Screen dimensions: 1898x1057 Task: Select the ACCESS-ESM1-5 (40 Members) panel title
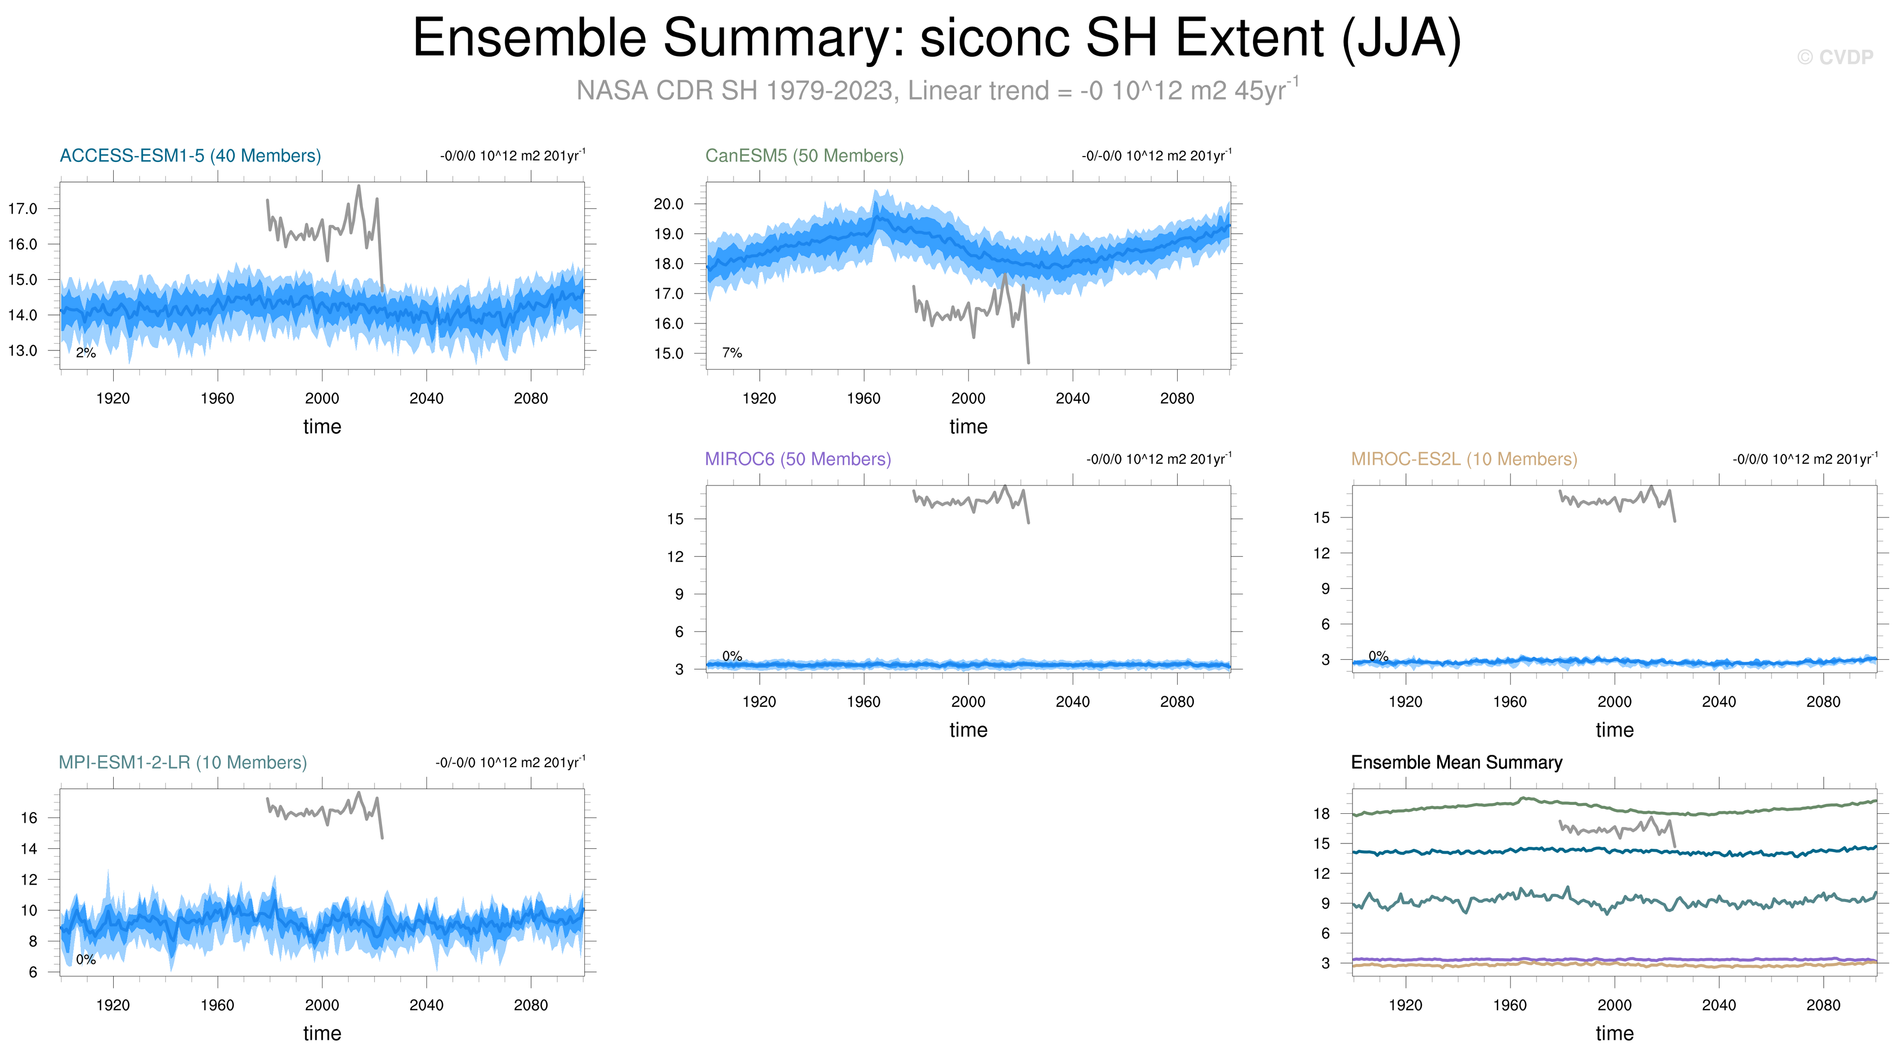(190, 156)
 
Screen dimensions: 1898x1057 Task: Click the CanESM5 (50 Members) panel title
(804, 156)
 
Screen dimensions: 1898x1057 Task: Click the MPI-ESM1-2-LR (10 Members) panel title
(183, 763)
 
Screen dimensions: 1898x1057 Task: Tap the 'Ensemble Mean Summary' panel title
(1457, 763)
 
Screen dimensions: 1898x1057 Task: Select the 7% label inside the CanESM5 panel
(732, 353)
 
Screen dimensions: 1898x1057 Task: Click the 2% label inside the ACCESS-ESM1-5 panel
(86, 353)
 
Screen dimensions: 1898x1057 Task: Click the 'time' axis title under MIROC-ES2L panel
(1614, 730)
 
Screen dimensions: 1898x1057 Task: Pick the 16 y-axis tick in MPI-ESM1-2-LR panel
(29, 818)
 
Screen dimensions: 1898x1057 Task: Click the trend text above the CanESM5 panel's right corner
(1156, 156)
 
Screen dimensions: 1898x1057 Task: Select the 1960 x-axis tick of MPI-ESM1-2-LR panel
(217, 1005)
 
